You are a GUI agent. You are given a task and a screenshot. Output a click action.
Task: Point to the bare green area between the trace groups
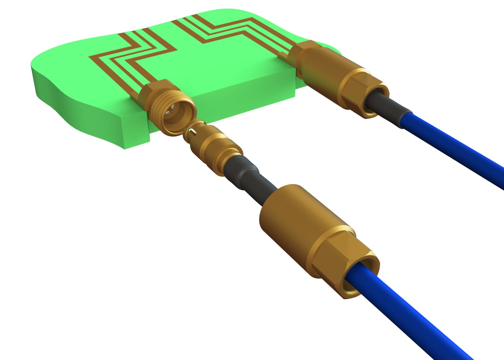tap(197, 66)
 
